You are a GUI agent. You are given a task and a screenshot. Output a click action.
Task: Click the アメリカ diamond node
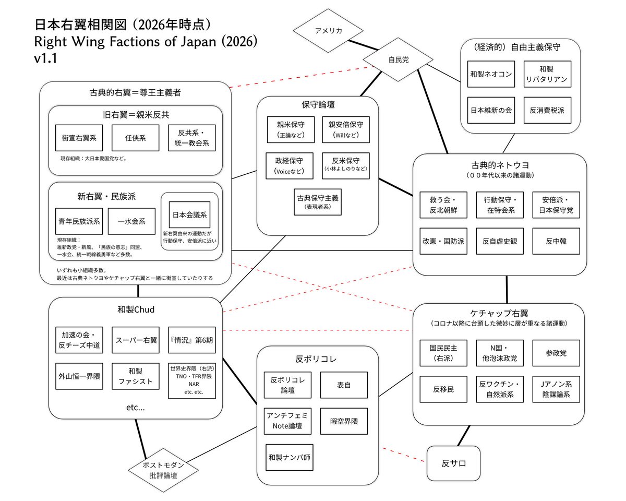(329, 31)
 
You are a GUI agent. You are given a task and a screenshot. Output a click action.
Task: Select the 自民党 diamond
(399, 60)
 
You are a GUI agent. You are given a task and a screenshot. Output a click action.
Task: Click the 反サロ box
(453, 463)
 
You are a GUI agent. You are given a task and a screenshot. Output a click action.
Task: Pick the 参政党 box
(556, 353)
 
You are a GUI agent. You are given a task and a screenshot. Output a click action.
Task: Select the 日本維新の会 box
(491, 110)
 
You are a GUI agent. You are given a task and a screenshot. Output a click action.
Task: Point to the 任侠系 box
(135, 138)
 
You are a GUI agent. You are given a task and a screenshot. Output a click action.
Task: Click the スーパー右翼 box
(135, 340)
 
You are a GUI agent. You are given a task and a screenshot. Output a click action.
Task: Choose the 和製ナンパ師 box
(290, 457)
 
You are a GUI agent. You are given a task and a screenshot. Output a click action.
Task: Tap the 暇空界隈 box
(344, 421)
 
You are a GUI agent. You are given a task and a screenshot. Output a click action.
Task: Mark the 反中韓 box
(556, 241)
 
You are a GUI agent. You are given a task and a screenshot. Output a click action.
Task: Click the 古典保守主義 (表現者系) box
(317, 202)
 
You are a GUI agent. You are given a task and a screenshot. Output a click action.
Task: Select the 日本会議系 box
(189, 214)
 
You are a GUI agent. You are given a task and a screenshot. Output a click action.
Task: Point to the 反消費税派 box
(547, 110)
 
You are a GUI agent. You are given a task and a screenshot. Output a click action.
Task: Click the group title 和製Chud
(136, 310)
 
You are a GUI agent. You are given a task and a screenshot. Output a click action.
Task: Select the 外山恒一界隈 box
(79, 376)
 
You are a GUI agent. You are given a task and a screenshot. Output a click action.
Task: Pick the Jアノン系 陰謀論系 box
(556, 389)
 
